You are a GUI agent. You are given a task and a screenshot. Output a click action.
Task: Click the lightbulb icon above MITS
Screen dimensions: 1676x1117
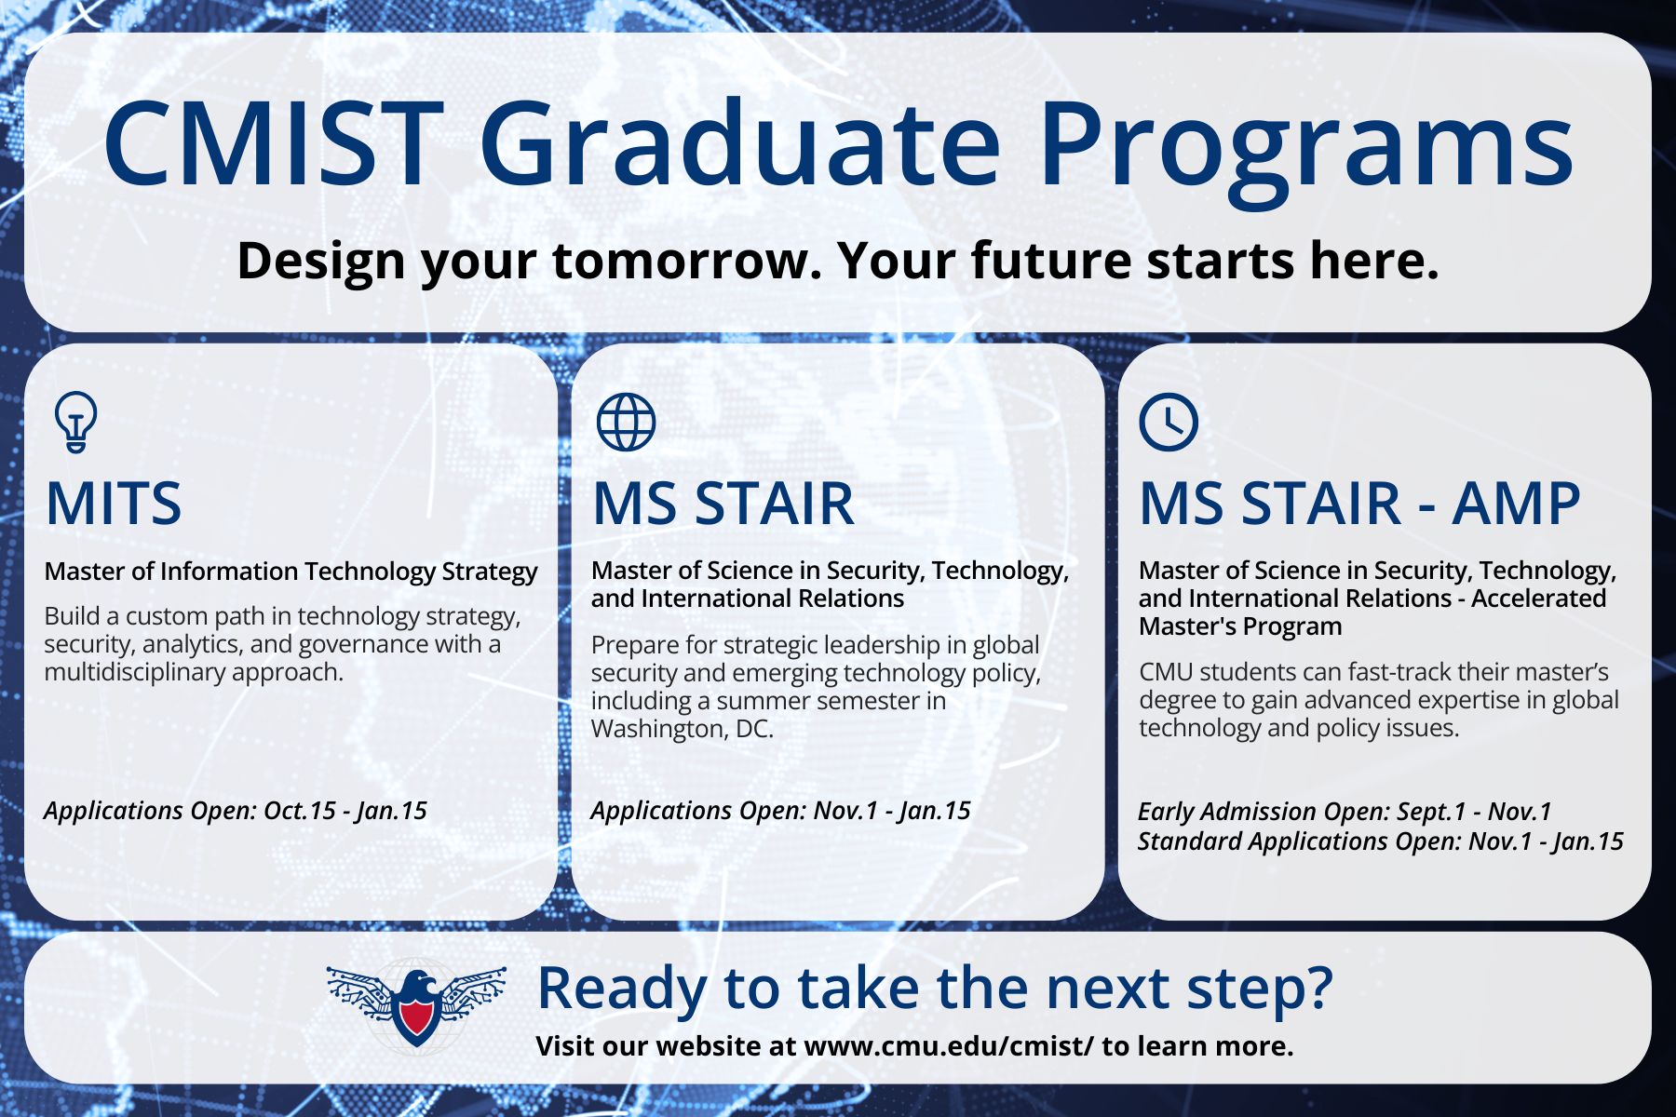pyautogui.click(x=75, y=422)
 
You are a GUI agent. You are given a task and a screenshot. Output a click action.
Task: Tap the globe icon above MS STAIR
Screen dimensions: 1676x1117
pyautogui.click(x=626, y=422)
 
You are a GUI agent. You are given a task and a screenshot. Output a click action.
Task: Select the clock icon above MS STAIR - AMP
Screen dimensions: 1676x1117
pyautogui.click(x=1169, y=422)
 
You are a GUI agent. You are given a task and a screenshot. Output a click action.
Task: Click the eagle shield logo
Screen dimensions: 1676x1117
pyautogui.click(x=416, y=1005)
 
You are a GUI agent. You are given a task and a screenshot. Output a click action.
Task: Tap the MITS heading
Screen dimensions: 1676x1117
pyautogui.click(x=113, y=504)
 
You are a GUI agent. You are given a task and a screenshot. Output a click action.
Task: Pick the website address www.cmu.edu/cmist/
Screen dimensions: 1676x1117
pyautogui.click(x=949, y=1045)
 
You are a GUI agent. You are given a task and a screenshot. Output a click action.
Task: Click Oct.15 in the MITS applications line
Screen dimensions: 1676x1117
pyautogui.click(x=300, y=810)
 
